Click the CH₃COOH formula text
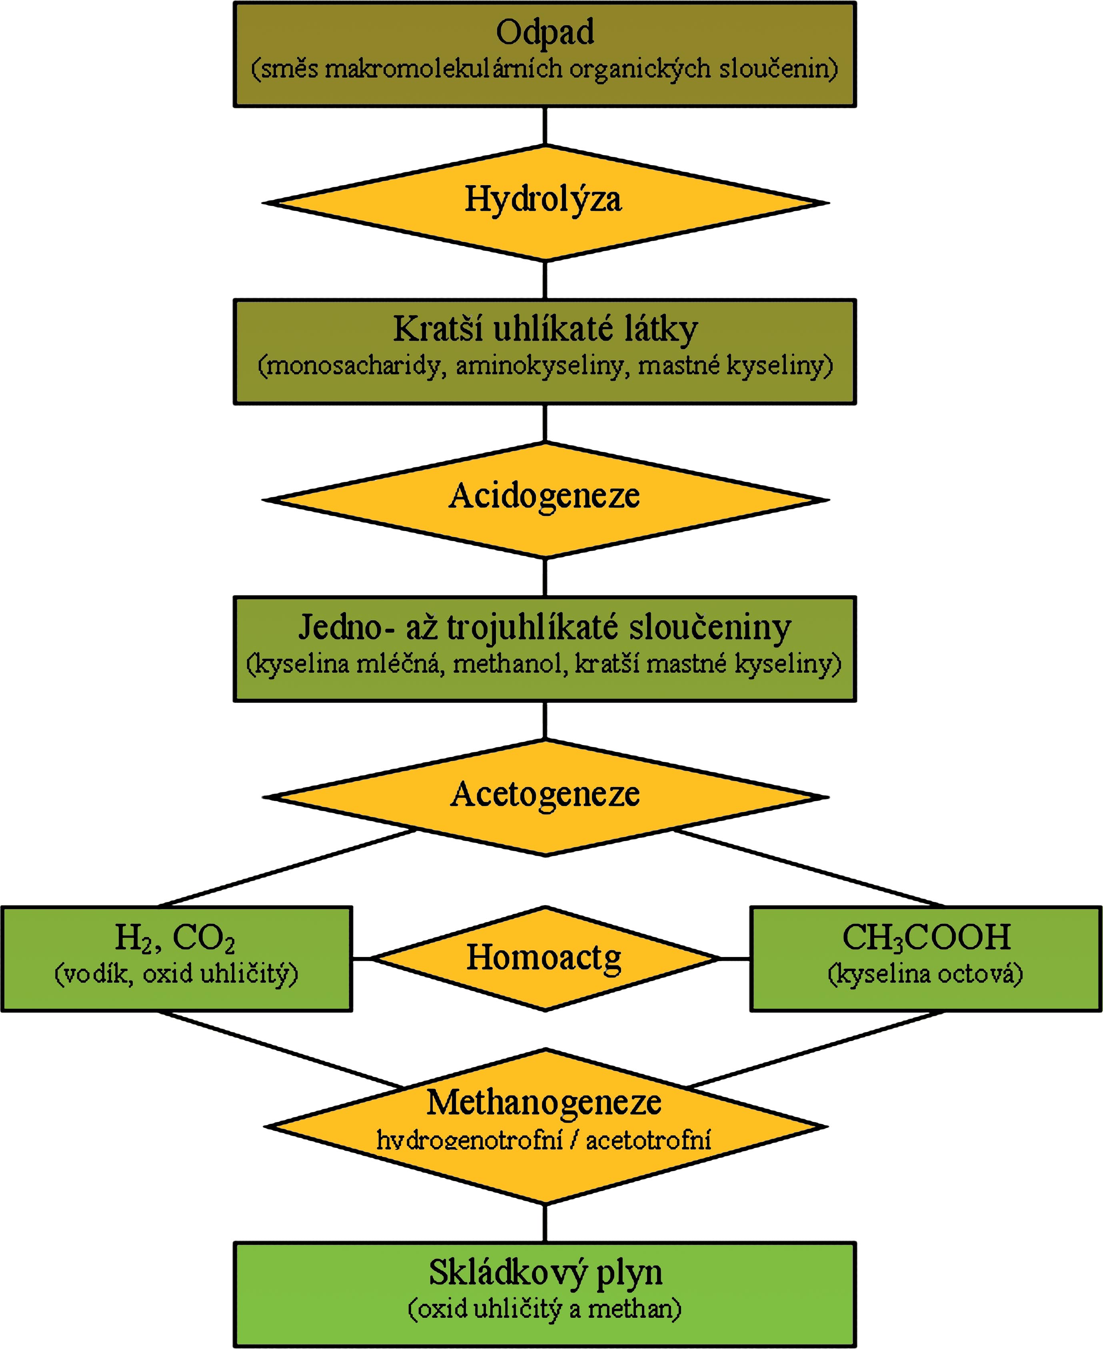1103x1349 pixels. pos(926,937)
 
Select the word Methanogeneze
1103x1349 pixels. pos(544,1103)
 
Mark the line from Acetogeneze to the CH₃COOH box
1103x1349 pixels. pos(807,867)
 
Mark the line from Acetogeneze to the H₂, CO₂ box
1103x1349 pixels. pos(286,867)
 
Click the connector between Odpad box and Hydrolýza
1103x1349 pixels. pos(545,126)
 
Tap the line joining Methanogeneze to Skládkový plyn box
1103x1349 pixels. pos(545,1222)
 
